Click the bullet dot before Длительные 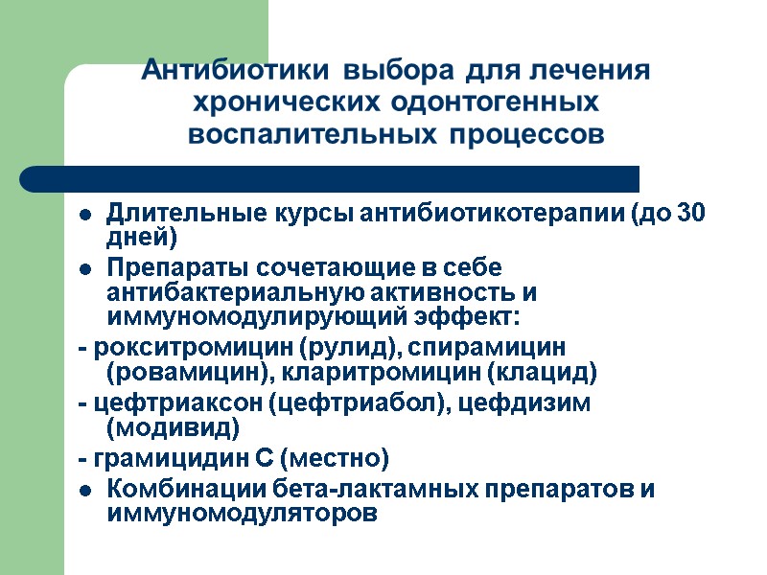(85, 214)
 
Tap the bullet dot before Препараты (85, 267)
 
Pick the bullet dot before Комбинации (85, 491)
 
